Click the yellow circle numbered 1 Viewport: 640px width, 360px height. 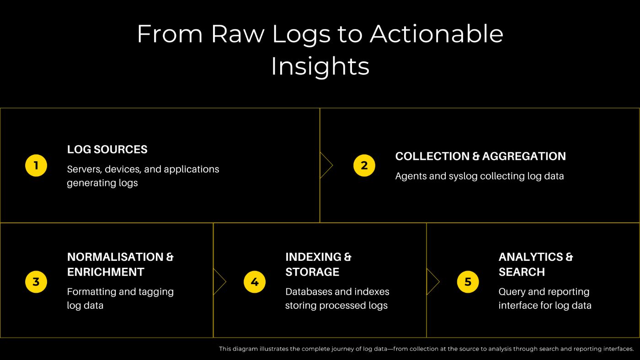click(36, 165)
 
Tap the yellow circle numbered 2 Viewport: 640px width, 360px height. click(364, 165)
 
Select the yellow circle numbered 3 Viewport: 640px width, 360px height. click(36, 282)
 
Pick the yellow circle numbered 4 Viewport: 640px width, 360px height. click(255, 282)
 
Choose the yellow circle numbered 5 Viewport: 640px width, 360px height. click(468, 282)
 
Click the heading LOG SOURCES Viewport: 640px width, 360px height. click(107, 149)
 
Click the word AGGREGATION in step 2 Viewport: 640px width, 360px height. click(524, 156)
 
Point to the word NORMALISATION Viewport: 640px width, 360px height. click(115, 257)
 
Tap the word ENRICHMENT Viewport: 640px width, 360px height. click(106, 272)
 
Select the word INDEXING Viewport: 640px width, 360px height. click(314, 257)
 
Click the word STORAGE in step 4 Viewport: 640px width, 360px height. click(312, 272)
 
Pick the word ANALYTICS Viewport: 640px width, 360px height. click(531, 257)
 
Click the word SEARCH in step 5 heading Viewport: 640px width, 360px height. click(522, 272)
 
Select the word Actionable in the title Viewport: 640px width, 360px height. click(437, 34)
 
